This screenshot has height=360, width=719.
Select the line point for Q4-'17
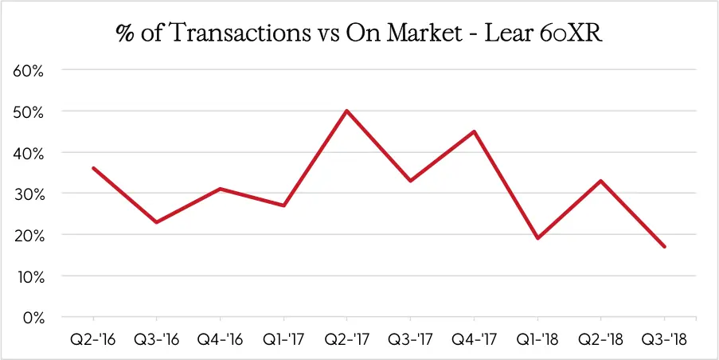(x=475, y=131)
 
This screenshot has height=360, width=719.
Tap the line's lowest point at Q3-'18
(x=664, y=247)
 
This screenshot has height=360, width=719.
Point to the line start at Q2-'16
(x=94, y=168)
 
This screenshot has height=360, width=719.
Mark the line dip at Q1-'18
(x=537, y=238)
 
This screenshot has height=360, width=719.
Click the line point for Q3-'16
(x=157, y=222)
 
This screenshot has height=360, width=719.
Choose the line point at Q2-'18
(x=601, y=181)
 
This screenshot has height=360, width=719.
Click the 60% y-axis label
(x=28, y=70)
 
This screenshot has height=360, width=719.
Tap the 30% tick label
(x=28, y=194)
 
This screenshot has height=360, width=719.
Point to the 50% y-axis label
(x=28, y=112)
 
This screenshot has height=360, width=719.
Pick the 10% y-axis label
(x=29, y=276)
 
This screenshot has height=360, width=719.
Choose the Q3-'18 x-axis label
(x=664, y=338)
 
